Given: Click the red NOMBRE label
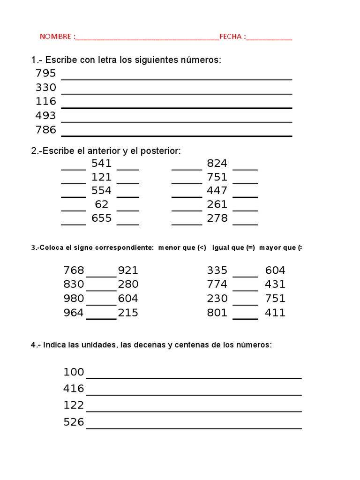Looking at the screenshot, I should point(55,37).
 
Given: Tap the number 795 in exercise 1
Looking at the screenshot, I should point(45,74).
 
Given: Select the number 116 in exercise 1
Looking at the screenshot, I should point(45,102).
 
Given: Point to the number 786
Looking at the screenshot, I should point(45,130).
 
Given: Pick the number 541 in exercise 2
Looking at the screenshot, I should point(101,163).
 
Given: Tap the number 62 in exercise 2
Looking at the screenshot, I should point(101,204).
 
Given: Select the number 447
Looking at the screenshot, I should point(217,190).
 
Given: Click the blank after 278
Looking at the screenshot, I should point(245,224).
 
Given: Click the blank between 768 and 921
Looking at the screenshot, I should point(101,276).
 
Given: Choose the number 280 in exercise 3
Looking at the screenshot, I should point(128,284).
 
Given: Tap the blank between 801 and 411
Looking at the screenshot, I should point(245,318).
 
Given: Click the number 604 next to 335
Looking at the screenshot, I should point(275,270).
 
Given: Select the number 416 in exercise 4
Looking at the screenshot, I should point(74,389).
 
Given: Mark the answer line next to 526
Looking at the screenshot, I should point(194,427).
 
